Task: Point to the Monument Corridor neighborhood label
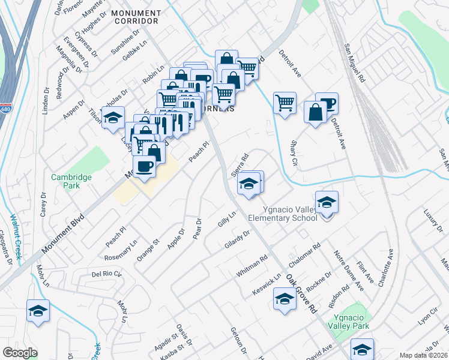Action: pos(127,17)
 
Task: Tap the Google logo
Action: pos(20,353)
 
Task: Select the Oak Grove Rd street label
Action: pos(301,295)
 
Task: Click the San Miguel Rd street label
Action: pos(354,62)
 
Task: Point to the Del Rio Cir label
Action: pos(106,274)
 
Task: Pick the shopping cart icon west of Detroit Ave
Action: pos(285,102)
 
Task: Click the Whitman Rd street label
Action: pos(252,266)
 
